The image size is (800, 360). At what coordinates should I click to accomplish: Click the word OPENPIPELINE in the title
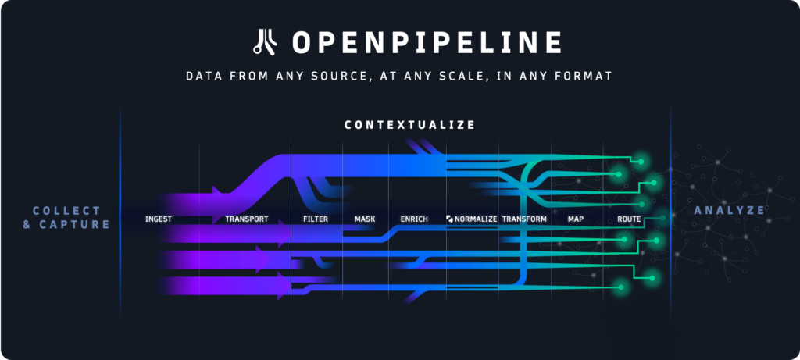(427, 42)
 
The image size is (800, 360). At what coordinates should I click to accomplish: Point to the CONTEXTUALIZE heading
(409, 125)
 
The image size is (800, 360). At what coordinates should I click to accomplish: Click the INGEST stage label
(159, 219)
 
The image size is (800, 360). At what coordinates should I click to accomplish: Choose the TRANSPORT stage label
(247, 219)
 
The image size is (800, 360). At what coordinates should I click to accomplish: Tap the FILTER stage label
(316, 219)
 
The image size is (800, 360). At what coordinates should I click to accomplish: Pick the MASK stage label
(365, 219)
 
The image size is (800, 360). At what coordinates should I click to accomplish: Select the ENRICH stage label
(414, 219)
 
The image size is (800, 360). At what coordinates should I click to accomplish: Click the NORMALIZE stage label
(476, 219)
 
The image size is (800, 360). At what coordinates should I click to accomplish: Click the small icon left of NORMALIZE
(449, 219)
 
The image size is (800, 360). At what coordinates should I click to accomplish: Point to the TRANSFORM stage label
(524, 219)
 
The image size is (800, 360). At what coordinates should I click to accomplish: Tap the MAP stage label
(576, 219)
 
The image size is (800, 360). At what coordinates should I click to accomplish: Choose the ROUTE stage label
(629, 219)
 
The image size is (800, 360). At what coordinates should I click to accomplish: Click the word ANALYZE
(729, 210)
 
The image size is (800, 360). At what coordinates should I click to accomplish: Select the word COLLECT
(66, 211)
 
